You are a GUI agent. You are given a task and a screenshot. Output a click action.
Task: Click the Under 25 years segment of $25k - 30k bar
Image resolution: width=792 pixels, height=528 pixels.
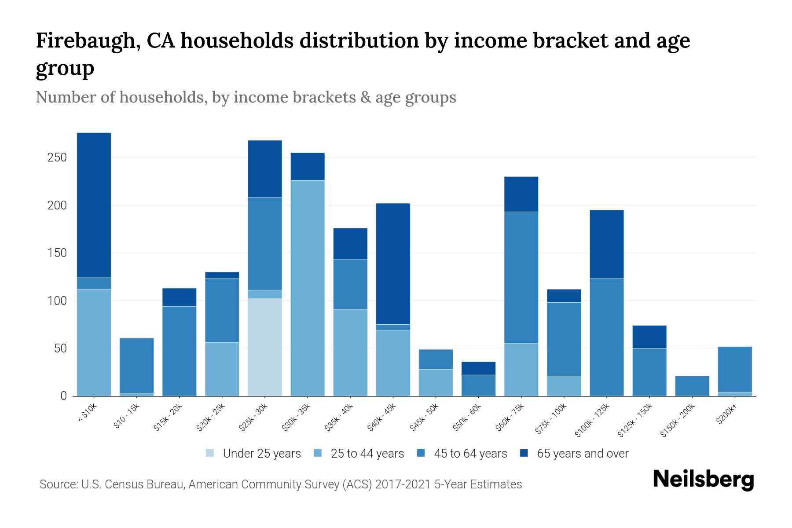coord(264,347)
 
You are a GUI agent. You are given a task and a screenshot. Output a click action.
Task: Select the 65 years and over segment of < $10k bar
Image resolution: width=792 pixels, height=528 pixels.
coord(94,205)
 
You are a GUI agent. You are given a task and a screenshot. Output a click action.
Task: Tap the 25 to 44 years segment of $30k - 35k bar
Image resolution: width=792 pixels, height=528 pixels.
coord(307,288)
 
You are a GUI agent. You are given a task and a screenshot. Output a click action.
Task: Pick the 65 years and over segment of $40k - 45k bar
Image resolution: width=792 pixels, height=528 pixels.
coord(392,264)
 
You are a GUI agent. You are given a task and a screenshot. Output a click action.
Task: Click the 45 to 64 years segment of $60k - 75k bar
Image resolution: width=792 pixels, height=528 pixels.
coord(521,277)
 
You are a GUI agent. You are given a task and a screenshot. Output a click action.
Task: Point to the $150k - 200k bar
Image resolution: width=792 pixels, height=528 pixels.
coord(692,386)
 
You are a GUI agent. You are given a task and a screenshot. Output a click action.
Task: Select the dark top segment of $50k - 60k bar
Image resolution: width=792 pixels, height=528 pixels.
coord(478,368)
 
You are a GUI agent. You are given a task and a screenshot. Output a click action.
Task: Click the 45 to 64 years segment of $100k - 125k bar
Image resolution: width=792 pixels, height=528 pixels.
coord(606,337)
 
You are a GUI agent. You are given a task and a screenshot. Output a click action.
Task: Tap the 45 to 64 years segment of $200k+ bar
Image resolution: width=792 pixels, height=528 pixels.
coord(734,369)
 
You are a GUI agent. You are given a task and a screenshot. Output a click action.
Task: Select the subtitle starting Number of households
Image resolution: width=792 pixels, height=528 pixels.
coord(246,97)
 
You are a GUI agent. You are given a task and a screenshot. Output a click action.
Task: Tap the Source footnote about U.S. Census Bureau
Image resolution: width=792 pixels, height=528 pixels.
coord(280,484)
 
